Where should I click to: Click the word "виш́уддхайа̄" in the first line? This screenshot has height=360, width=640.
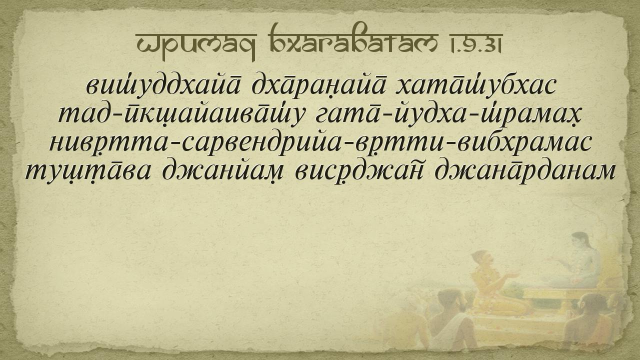tap(163, 85)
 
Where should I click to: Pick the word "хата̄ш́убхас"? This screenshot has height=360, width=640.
tap(475, 85)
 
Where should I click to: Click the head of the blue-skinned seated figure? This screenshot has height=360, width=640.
tap(580, 241)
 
